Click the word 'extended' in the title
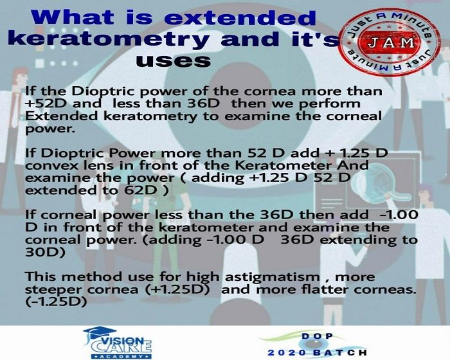tap(240, 18)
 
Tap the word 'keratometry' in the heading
tap(109, 39)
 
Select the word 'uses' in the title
tap(174, 61)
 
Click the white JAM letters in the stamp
tap(391, 43)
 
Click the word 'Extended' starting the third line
tap(62, 116)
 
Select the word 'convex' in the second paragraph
tap(48, 166)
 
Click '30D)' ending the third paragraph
tap(46, 253)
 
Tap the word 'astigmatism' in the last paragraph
tap(272, 277)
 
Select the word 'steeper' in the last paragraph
tap(53, 290)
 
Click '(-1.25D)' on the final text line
tap(57, 301)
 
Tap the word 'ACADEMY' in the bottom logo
tap(122, 356)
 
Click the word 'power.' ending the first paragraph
tap(51, 129)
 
